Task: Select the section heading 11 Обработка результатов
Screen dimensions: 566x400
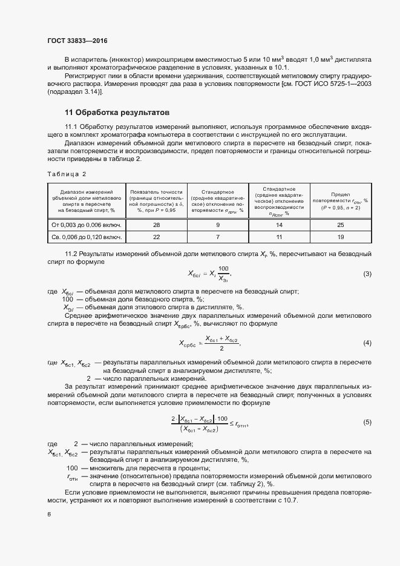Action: point(117,113)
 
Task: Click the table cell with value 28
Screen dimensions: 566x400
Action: point(157,225)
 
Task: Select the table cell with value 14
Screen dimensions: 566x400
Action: point(279,225)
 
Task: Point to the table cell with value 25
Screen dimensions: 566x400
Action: point(340,225)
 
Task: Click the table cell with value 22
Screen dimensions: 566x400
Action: point(157,237)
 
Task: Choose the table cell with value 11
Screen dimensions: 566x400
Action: point(279,237)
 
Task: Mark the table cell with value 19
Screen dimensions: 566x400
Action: point(340,237)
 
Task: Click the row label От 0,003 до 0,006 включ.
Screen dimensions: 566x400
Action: point(87,225)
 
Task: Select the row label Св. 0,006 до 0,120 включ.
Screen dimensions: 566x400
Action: point(87,237)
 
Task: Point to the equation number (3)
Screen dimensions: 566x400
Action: point(367,274)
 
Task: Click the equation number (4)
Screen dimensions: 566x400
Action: point(367,343)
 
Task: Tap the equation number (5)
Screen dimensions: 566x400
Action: point(367,422)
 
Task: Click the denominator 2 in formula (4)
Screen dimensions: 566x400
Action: point(222,348)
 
